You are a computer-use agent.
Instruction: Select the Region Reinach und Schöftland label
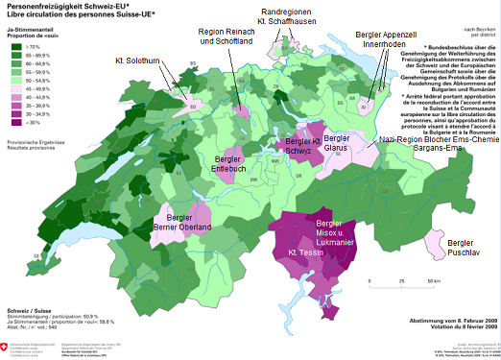pos(233,36)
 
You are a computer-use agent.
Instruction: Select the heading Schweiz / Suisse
pos(30,312)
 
